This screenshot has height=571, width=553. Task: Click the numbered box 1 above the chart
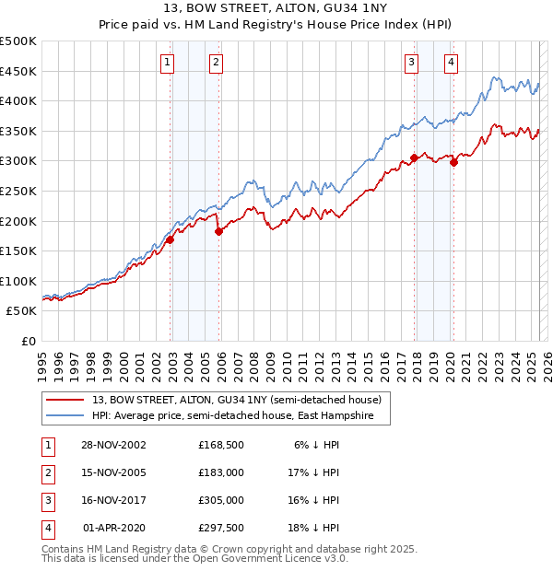[167, 63]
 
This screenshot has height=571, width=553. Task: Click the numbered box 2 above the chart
[215, 63]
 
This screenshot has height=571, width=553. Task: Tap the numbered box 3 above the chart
[410, 63]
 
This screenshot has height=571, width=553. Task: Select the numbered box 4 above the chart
[452, 63]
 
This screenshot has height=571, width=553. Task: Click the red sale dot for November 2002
[171, 239]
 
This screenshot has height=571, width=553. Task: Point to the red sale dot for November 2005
[218, 231]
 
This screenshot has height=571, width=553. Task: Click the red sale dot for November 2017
[415, 157]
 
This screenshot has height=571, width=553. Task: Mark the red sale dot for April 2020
[453, 162]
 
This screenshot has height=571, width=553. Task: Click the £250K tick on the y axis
[18, 191]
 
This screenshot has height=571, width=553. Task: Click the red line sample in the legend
[65, 400]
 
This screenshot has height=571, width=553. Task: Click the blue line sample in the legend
[65, 415]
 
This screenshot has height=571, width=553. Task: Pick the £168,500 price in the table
[221, 445]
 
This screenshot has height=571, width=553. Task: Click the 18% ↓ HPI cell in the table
[320, 528]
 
